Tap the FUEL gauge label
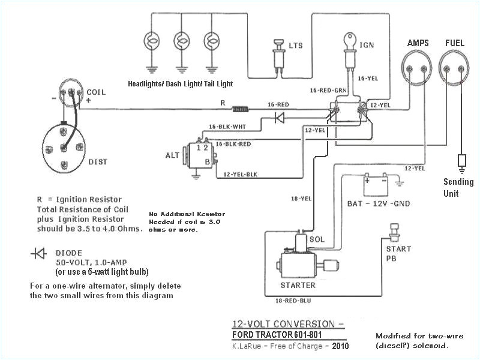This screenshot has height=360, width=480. [x=454, y=44]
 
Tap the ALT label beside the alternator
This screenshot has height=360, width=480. [x=173, y=155]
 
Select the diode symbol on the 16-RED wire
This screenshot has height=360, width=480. [x=280, y=118]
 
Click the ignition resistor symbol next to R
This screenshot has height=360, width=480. [x=241, y=110]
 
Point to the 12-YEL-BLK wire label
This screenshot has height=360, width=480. [x=240, y=175]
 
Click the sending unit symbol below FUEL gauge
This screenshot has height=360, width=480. [x=461, y=161]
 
